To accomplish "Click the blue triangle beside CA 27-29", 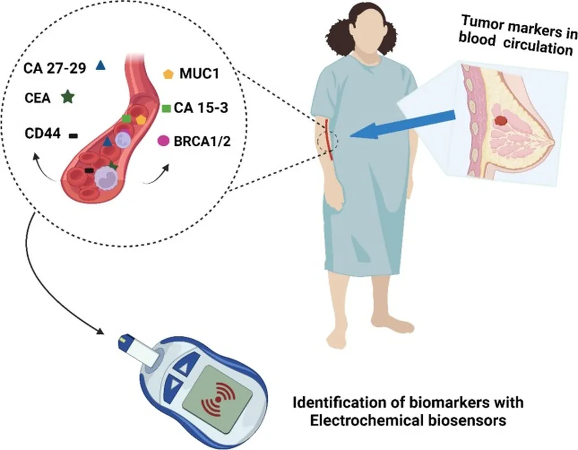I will coord(101,66).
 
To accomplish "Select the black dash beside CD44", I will coord(73,135).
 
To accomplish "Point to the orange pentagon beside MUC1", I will coord(168,74).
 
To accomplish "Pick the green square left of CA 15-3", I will coord(167,107).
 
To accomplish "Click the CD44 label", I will coord(42,135).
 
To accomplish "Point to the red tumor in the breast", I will coord(500,120).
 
